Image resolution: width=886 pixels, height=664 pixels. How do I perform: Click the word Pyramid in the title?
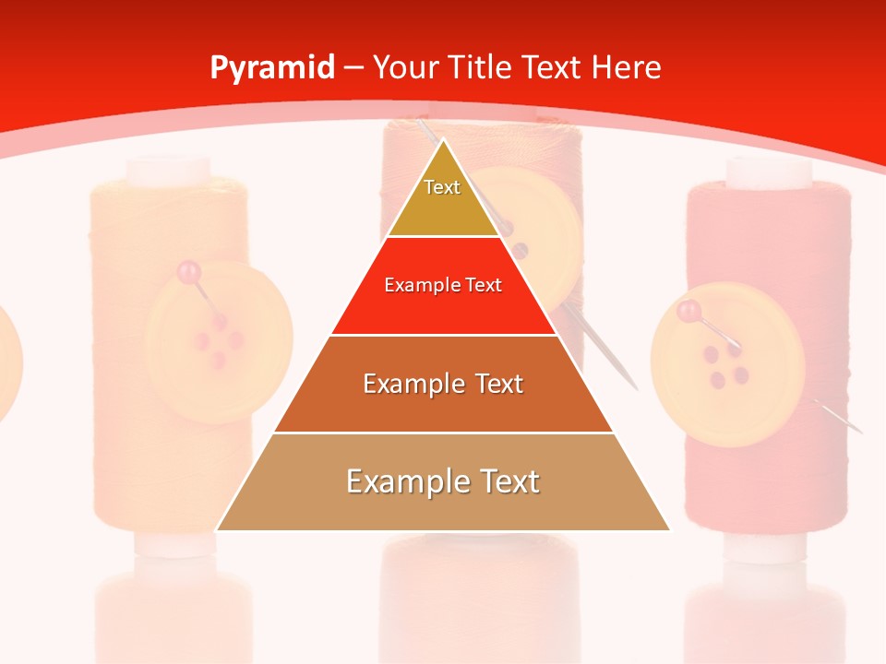tap(271, 68)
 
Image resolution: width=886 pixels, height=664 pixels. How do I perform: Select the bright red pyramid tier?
tap(443, 300)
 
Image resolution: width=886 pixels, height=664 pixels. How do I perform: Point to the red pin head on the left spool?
tap(188, 271)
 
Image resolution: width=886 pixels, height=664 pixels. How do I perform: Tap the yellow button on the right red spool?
tap(722, 364)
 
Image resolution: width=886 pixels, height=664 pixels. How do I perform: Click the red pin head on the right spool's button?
tap(688, 312)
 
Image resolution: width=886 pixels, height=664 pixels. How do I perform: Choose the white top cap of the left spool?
tap(168, 171)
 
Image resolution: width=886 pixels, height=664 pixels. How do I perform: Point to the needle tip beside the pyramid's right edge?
tap(636, 387)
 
